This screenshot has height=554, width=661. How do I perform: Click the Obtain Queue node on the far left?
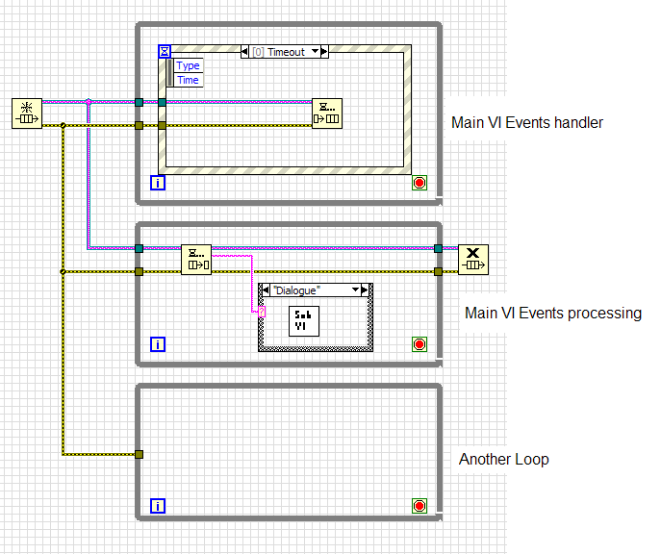27,113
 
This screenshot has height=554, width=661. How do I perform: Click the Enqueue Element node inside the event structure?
326,113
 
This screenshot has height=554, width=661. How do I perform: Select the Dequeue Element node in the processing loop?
196,260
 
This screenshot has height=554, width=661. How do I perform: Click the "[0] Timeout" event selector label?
284,52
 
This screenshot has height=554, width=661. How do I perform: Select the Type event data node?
189,65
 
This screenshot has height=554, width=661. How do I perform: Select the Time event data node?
189,80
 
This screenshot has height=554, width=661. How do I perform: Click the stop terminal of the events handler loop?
419,183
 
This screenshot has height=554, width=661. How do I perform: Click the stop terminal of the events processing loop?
419,344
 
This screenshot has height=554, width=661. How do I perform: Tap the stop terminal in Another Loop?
419,505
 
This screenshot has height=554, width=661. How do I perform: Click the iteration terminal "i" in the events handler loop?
158,183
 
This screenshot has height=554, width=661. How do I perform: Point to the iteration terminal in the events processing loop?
158,344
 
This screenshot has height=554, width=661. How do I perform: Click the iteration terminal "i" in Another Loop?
158,505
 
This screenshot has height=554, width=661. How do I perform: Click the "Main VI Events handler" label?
527,122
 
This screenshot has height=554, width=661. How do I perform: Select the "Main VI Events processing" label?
552,313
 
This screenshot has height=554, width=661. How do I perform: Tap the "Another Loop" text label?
503,459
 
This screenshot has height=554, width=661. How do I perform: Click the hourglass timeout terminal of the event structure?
165,51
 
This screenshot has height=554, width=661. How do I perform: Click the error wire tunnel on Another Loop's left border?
140,454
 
